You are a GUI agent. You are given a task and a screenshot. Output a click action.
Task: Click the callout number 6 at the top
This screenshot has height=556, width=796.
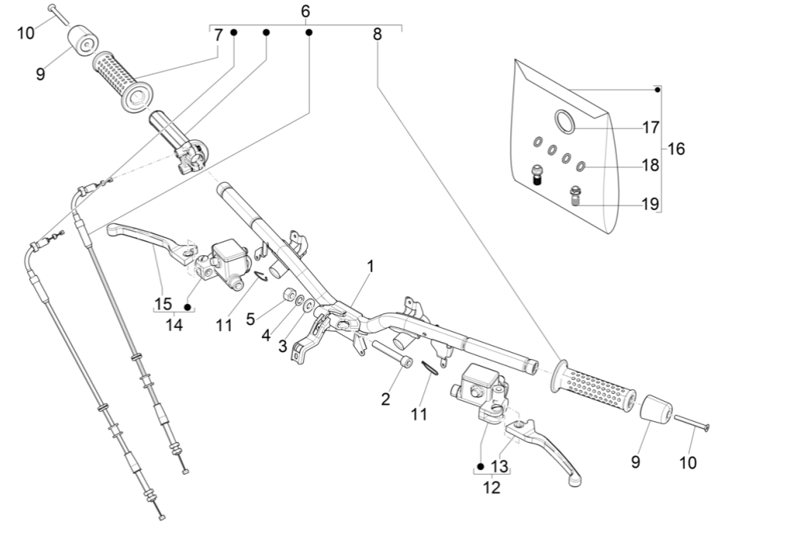(x=305, y=12)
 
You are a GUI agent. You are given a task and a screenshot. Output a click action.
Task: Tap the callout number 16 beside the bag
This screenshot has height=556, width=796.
(x=676, y=149)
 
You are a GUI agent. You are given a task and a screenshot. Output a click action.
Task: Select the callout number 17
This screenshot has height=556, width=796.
(x=650, y=127)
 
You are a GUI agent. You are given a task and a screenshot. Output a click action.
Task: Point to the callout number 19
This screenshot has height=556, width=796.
(x=650, y=204)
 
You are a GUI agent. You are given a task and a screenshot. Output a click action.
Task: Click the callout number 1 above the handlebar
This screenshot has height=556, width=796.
(x=370, y=266)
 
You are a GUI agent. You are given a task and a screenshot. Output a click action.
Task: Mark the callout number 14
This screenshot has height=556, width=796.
(x=174, y=326)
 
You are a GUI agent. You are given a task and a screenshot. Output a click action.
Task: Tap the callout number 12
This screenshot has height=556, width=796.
(x=491, y=488)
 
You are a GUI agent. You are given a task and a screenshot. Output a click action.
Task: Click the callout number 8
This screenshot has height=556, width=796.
(x=377, y=34)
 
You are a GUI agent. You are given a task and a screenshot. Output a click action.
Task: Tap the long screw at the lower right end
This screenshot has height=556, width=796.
(x=691, y=423)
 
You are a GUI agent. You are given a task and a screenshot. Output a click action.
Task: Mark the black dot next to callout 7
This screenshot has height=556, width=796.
(x=233, y=33)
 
